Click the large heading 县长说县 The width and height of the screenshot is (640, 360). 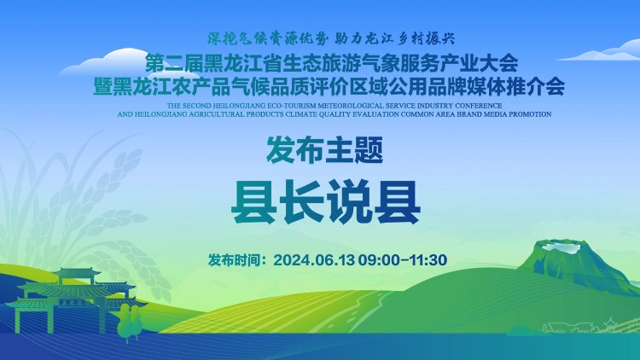coord(326,202)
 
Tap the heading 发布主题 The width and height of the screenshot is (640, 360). coord(325,150)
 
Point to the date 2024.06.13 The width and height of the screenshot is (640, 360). coord(314,260)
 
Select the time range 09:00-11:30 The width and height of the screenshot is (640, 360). coord(403,260)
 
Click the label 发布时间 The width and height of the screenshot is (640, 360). coord(235,260)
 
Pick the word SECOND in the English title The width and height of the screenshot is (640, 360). coord(197,106)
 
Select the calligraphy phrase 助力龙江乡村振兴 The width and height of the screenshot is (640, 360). coord(395,38)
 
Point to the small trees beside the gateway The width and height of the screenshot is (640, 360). coord(130,322)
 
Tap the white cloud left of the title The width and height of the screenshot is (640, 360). coord(115,63)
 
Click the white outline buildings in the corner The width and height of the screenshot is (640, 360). coord(579,327)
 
